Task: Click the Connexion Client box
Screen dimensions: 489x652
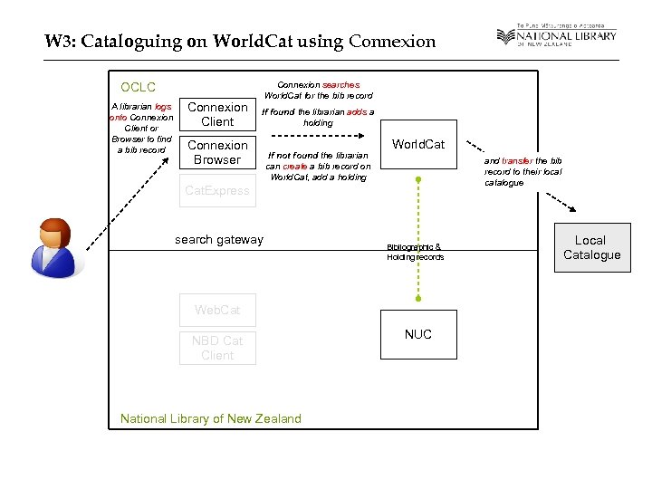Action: point(217,114)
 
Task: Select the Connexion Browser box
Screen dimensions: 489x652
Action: point(217,152)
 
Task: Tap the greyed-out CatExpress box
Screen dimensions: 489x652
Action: point(217,190)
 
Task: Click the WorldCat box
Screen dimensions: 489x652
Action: point(417,144)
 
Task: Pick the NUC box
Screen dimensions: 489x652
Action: point(417,334)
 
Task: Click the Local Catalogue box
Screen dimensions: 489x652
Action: point(590,247)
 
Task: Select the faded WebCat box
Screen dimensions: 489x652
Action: point(217,310)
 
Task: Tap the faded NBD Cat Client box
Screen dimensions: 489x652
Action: point(217,348)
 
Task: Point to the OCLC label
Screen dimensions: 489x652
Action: point(139,88)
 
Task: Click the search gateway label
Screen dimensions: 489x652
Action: point(218,239)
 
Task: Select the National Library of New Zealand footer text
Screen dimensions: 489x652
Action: point(210,418)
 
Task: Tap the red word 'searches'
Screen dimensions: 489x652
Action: point(340,84)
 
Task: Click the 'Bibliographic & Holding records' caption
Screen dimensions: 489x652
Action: point(415,252)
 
